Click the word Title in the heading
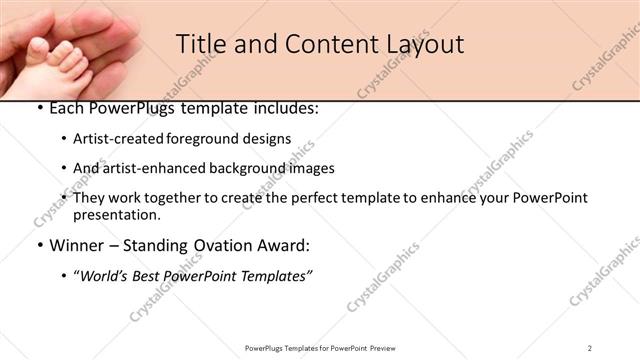tap(201, 44)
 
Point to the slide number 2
tap(590, 348)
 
